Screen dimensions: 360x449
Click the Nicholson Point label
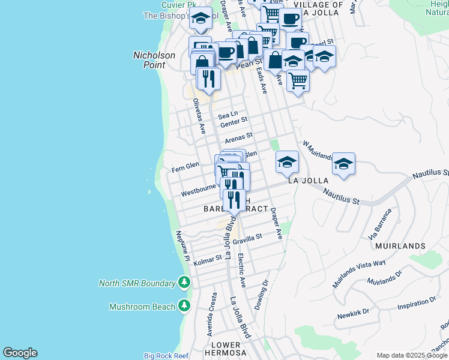click(154, 60)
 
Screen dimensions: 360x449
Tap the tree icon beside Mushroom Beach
click(184, 307)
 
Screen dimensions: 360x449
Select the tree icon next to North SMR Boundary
click(184, 283)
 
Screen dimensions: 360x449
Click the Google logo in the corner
click(20, 353)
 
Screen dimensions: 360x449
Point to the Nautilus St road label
click(341, 196)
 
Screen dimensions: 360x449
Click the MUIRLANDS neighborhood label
click(400, 246)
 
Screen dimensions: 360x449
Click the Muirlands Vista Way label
click(360, 270)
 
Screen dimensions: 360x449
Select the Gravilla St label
click(247, 239)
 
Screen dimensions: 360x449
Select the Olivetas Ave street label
click(199, 116)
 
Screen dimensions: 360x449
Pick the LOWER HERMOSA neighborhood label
click(226, 349)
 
